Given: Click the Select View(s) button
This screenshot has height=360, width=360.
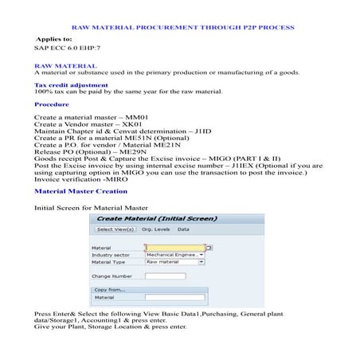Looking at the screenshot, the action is pyautogui.click(x=115, y=229).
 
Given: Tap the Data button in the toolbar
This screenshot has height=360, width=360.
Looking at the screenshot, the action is pyautogui.click(x=182, y=229).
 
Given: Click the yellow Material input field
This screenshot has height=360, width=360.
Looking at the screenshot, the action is pyautogui.click(x=174, y=247).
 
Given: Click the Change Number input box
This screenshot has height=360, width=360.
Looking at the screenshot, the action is pyautogui.click(x=165, y=276).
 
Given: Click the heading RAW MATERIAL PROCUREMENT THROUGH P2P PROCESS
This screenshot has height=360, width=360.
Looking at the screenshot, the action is pyautogui.click(x=180, y=28).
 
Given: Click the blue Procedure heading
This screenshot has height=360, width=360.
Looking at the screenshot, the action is pyautogui.click(x=51, y=104).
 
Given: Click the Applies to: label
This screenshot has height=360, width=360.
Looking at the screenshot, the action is pyautogui.click(x=53, y=38).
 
